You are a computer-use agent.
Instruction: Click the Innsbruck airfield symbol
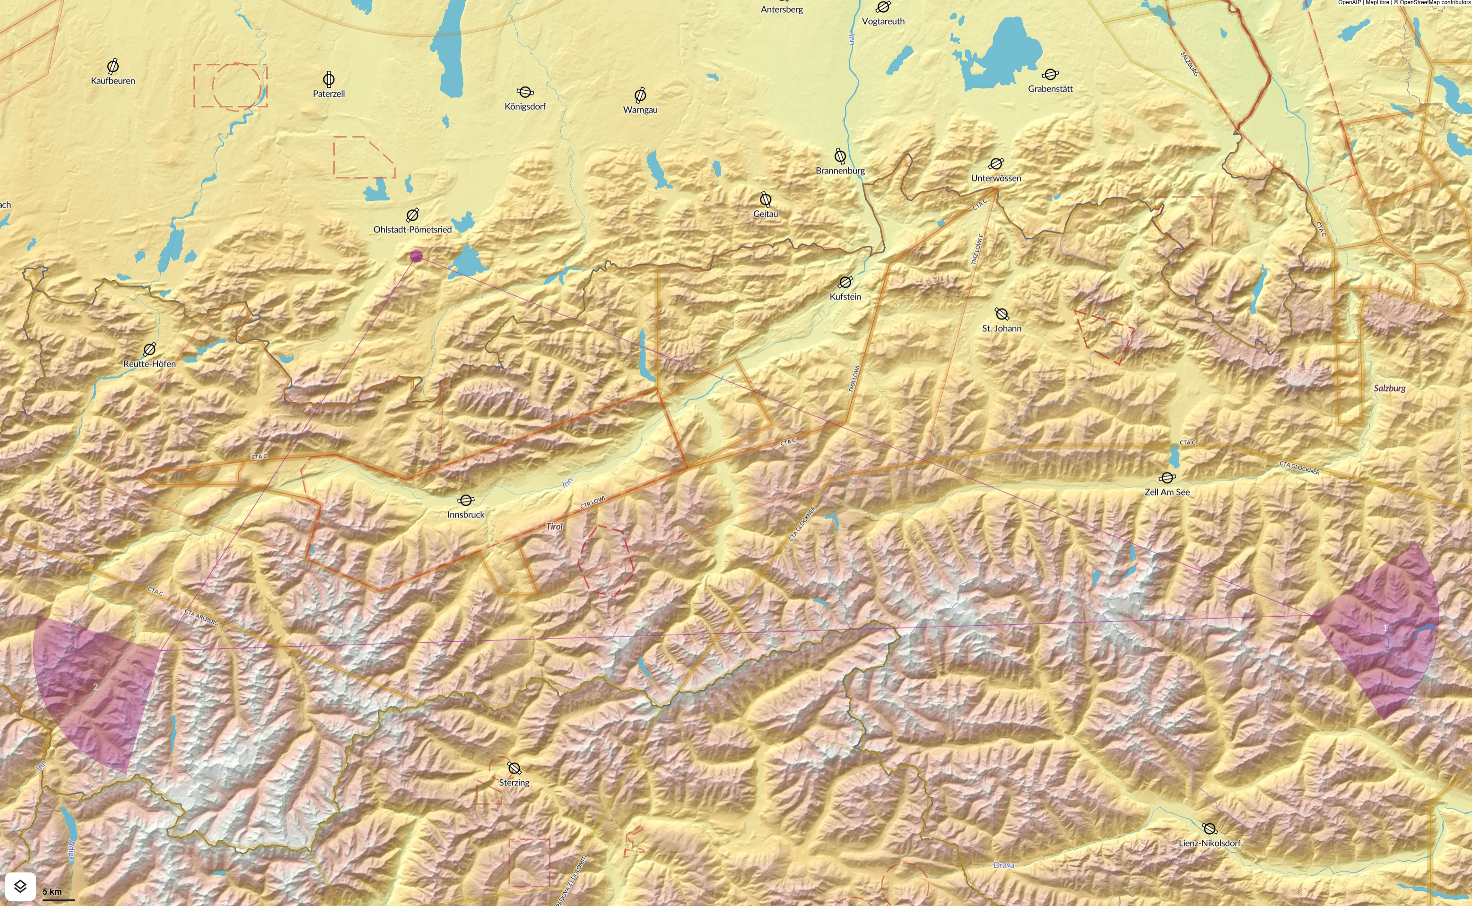pyautogui.click(x=466, y=500)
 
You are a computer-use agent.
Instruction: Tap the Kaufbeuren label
pyautogui.click(x=113, y=81)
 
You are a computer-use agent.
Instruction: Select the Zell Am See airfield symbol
pyautogui.click(x=1167, y=477)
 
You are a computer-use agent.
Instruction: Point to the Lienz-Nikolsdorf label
pyautogui.click(x=1209, y=843)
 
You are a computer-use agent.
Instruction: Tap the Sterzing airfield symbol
pyautogui.click(x=514, y=768)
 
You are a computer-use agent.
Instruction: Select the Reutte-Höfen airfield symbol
pyautogui.click(x=149, y=349)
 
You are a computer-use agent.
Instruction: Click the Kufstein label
pyautogui.click(x=845, y=297)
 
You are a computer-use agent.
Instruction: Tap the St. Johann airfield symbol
pyautogui.click(x=1002, y=314)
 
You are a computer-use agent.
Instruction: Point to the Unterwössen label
pyautogui.click(x=995, y=178)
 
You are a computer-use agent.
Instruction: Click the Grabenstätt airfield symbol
pyautogui.click(x=1050, y=75)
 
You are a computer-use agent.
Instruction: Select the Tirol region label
pyautogui.click(x=554, y=526)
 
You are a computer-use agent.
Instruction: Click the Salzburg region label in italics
pyautogui.click(x=1389, y=388)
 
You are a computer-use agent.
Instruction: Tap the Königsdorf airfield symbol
pyautogui.click(x=525, y=92)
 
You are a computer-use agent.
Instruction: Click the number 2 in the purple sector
pyautogui.click(x=96, y=687)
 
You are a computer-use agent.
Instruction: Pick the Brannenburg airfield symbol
pyautogui.click(x=840, y=156)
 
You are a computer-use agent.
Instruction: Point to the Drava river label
pyautogui.click(x=1003, y=865)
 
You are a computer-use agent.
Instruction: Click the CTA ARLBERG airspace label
pyautogui.click(x=202, y=617)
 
